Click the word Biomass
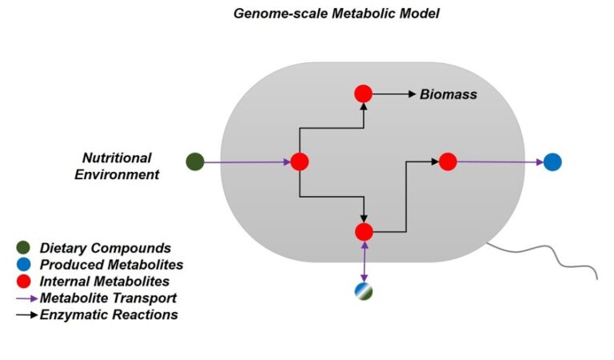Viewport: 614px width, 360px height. click(449, 94)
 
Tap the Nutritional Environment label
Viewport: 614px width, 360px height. click(118, 166)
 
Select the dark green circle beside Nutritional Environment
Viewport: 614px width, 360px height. click(195, 162)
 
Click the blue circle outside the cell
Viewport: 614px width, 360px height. click(552, 162)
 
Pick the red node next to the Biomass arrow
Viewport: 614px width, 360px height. click(364, 94)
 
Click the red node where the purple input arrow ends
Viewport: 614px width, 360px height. click(299, 162)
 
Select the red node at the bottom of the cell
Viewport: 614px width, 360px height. click(364, 232)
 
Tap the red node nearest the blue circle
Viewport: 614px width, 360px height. click(448, 162)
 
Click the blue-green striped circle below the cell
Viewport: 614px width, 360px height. click(364, 291)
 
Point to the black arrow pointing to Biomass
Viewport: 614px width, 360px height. click(393, 94)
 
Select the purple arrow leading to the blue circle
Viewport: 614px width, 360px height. click(500, 162)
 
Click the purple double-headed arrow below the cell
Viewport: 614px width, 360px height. click(364, 262)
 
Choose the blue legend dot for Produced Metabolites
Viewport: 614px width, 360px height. click(24, 265)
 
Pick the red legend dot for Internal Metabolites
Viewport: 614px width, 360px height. click(24, 282)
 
